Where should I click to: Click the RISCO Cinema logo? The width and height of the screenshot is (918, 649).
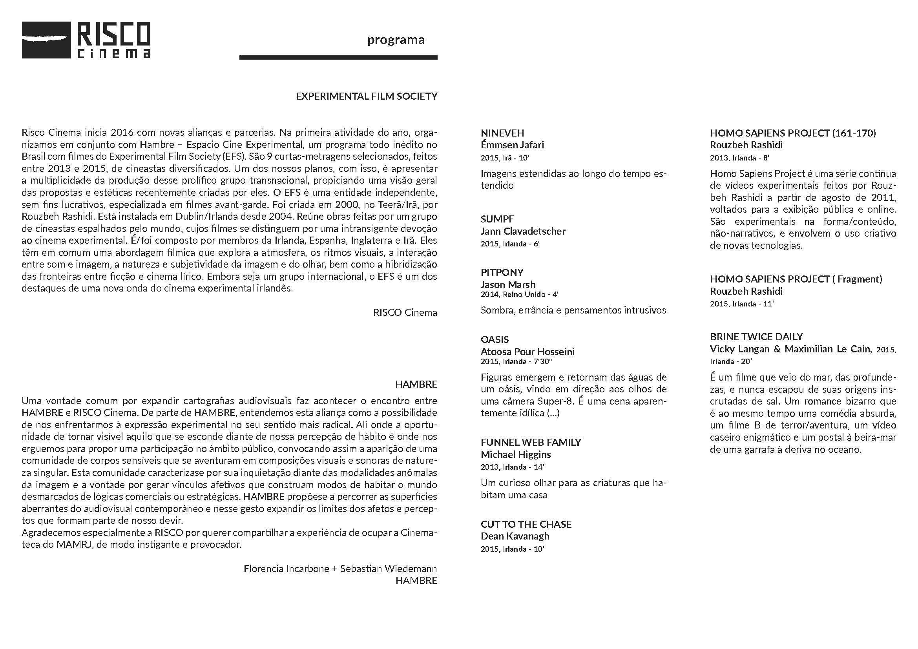[86, 40]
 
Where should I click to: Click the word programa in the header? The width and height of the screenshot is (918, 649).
[396, 40]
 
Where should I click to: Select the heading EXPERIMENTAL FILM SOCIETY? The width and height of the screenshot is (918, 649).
[366, 96]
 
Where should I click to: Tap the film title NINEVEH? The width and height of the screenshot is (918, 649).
[502, 133]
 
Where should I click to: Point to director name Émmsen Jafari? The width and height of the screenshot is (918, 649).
[512, 145]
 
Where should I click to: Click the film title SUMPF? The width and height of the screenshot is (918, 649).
[497, 219]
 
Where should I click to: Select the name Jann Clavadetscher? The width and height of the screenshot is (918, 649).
[523, 232]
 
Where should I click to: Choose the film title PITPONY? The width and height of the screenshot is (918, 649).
[502, 273]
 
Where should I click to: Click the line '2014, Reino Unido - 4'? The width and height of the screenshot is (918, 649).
[519, 295]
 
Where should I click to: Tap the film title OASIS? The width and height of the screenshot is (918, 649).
[495, 340]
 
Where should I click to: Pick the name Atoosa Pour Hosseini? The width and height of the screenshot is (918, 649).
[527, 352]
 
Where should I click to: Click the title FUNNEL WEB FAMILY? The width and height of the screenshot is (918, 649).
[531, 442]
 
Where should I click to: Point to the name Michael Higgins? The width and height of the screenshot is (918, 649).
[515, 454]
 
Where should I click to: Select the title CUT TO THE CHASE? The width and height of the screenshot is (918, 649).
[526, 524]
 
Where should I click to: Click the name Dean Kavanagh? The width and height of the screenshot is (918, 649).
[515, 536]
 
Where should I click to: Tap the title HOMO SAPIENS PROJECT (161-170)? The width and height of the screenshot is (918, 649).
[793, 133]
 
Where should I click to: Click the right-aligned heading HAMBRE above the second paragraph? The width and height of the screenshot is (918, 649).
[416, 385]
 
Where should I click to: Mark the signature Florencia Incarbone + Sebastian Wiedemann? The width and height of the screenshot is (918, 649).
[340, 569]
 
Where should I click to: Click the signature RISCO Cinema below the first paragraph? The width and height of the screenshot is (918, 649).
[405, 312]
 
